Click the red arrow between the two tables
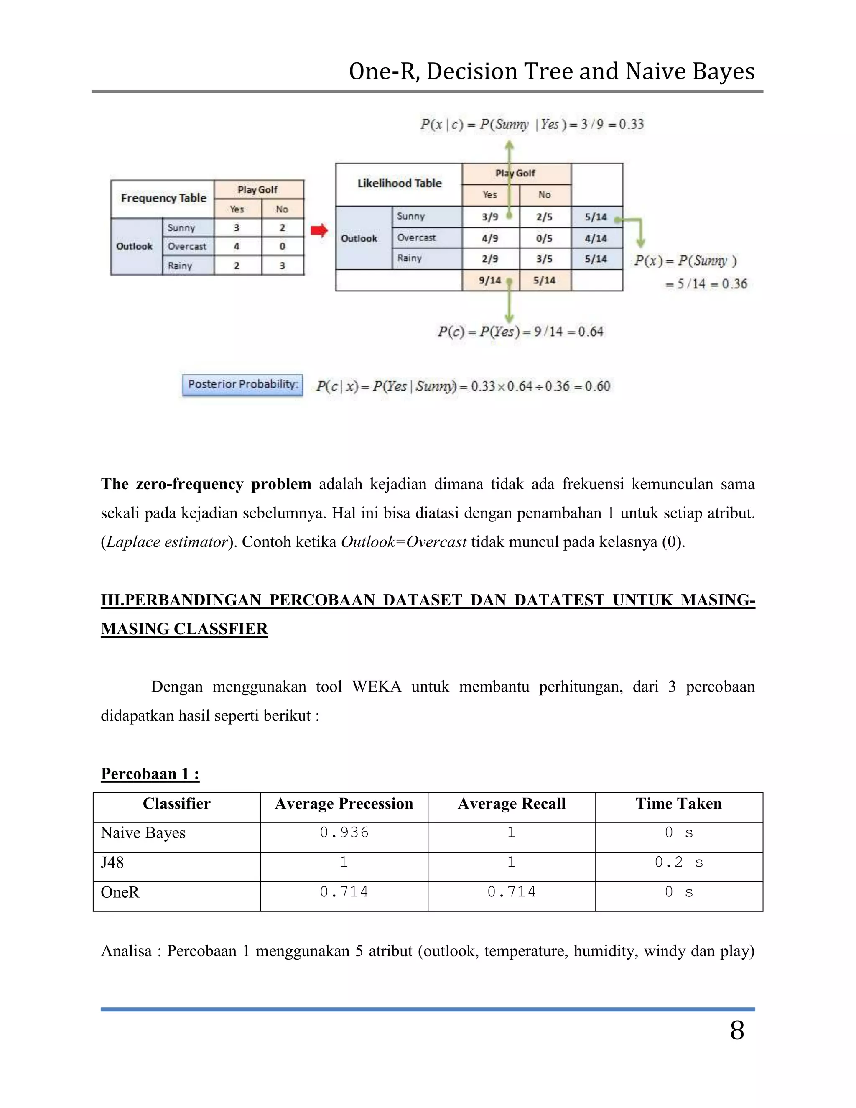point(319,231)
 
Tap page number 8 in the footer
point(737,1030)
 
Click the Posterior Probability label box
point(242,385)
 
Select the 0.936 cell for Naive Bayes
point(344,832)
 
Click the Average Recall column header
point(511,804)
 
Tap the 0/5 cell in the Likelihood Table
point(544,238)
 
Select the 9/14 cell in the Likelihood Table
point(490,280)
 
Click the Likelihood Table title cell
point(399,184)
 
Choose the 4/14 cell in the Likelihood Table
point(596,238)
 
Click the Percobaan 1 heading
point(150,774)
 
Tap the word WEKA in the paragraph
point(376,687)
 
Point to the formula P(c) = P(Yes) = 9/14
point(520,332)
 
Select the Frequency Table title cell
point(163,198)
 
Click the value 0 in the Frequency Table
point(283,247)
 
